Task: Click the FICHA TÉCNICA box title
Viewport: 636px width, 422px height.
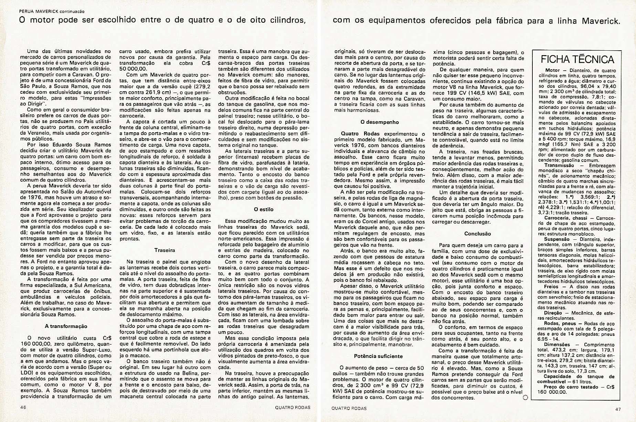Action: tap(577, 59)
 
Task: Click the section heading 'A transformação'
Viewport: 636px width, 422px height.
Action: tap(66, 326)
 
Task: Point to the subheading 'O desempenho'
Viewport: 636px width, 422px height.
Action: tap(380, 122)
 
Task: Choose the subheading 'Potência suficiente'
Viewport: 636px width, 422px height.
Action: tap(378, 356)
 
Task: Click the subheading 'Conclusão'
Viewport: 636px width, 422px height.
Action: tap(477, 234)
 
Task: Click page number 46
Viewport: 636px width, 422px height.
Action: tap(23, 407)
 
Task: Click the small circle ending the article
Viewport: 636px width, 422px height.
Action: tap(525, 397)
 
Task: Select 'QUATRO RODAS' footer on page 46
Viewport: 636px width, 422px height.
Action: tap(293, 407)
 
